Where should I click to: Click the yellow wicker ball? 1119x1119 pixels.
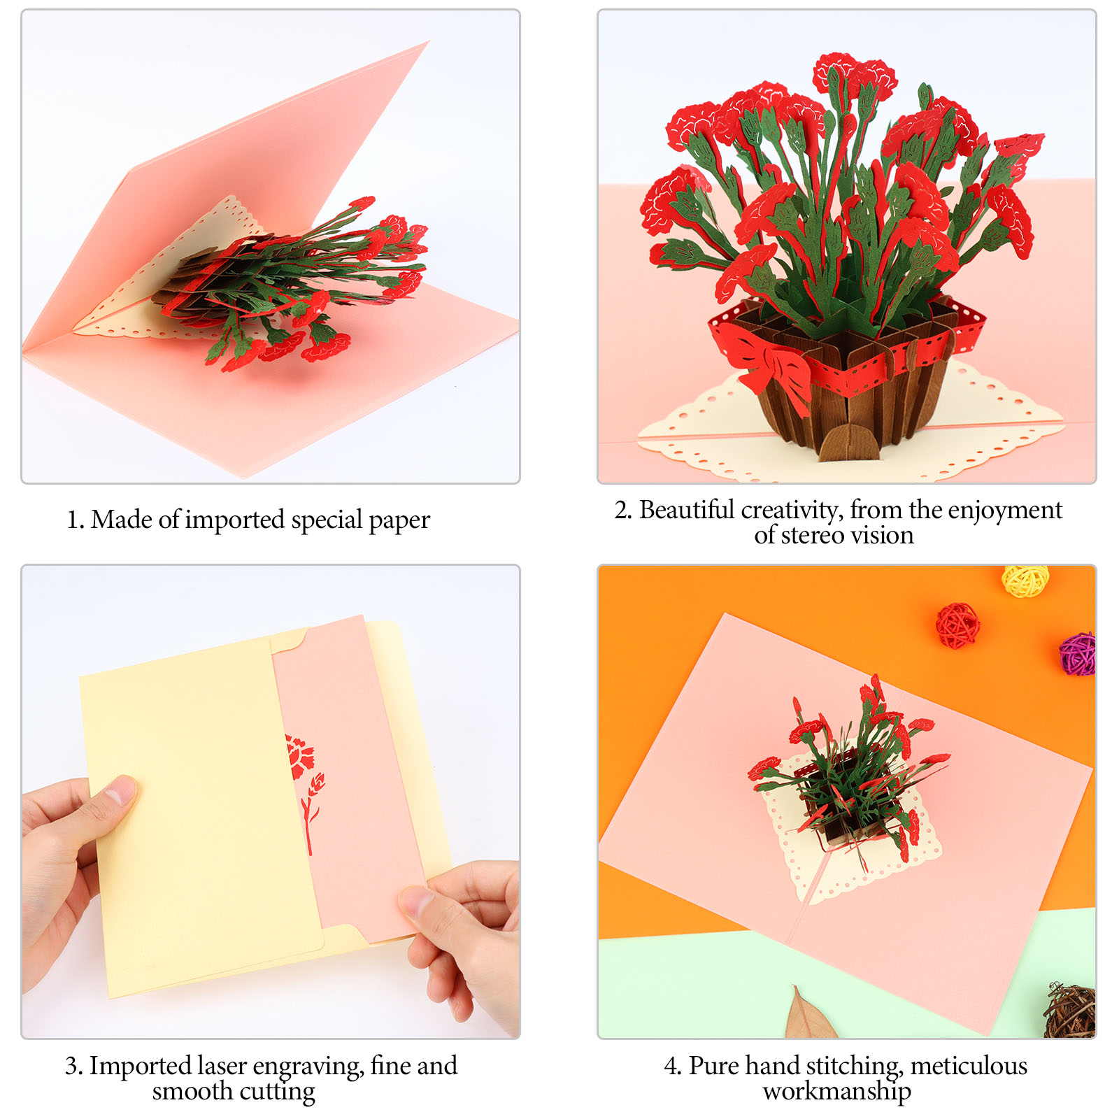[x=1025, y=581]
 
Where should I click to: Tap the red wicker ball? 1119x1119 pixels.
[x=958, y=625]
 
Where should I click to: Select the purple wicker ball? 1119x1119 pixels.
[x=1078, y=654]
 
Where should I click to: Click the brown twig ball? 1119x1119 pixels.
[x=1070, y=1010]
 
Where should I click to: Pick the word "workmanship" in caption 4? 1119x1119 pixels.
[x=836, y=1092]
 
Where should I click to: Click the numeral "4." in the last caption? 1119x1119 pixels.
[x=672, y=1067]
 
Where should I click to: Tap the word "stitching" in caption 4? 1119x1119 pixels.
[x=852, y=1067]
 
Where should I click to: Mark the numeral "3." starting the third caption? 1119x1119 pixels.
[x=74, y=1067]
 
